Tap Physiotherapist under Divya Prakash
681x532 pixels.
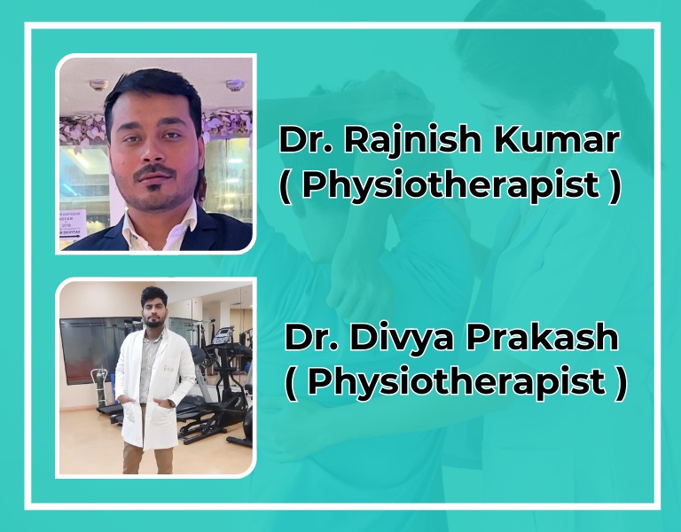pos(456,381)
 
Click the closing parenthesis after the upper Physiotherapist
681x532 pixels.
pos(615,187)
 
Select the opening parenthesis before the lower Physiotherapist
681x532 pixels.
pos(292,383)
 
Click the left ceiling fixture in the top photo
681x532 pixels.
pos(98,84)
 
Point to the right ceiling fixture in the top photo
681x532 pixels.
pos(235,85)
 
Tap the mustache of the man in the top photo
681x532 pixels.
pos(154,171)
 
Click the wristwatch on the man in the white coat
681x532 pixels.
pos(172,403)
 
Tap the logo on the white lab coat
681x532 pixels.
pos(168,368)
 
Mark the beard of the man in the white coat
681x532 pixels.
pos(153,322)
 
